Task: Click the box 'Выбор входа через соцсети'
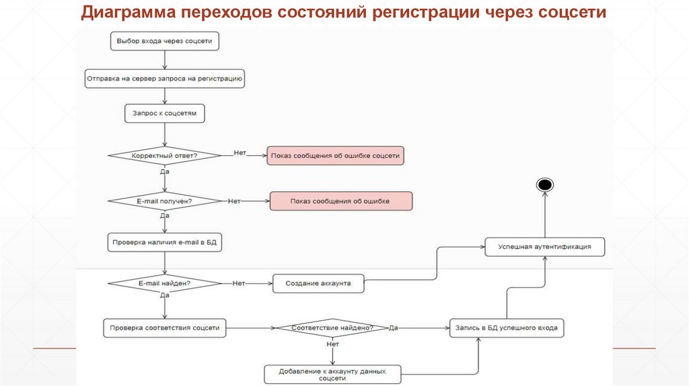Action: (164, 41)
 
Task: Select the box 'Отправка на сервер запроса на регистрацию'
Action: (164, 79)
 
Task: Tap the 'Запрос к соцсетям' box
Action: (164, 114)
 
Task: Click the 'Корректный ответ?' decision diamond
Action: (165, 155)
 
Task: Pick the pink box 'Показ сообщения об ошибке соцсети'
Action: (335, 155)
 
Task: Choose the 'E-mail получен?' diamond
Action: (165, 200)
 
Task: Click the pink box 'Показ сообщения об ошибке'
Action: (340, 201)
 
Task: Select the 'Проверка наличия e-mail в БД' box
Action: (165, 241)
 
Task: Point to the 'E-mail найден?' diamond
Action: (165, 283)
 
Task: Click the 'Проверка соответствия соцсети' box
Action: (165, 328)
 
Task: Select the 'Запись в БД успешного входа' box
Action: (507, 328)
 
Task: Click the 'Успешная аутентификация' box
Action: (545, 247)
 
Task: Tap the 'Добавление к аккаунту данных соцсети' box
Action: (332, 374)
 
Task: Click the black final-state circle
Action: (544, 184)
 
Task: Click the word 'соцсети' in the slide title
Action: (573, 13)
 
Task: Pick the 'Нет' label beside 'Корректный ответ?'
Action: (240, 153)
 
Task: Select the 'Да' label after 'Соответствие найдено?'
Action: (394, 327)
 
